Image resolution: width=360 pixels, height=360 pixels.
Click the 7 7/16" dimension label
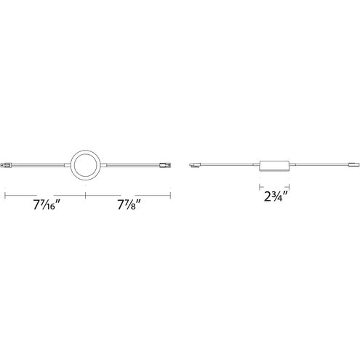47,206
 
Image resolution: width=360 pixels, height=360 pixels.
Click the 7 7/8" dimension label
129,206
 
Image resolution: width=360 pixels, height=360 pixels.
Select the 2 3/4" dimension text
276,196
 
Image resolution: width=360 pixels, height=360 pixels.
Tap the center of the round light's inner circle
86,165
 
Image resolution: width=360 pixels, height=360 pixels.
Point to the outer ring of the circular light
86,151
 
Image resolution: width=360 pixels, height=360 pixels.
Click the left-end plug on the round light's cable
6,166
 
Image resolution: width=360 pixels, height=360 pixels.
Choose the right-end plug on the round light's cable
166,166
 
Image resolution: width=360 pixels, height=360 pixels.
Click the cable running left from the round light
38,166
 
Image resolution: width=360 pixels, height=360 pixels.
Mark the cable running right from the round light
133,166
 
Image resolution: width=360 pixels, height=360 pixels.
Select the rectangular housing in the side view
275,166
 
